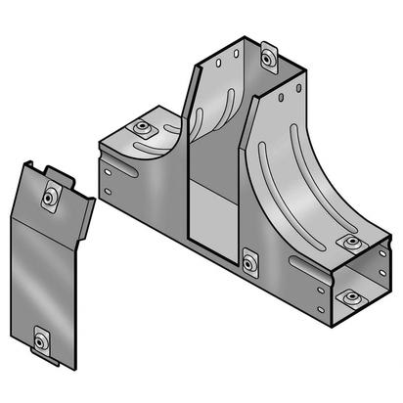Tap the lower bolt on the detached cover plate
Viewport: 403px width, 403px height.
pos(40,340)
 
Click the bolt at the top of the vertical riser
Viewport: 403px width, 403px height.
pos(270,60)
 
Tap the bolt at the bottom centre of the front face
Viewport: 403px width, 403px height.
pos(250,261)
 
